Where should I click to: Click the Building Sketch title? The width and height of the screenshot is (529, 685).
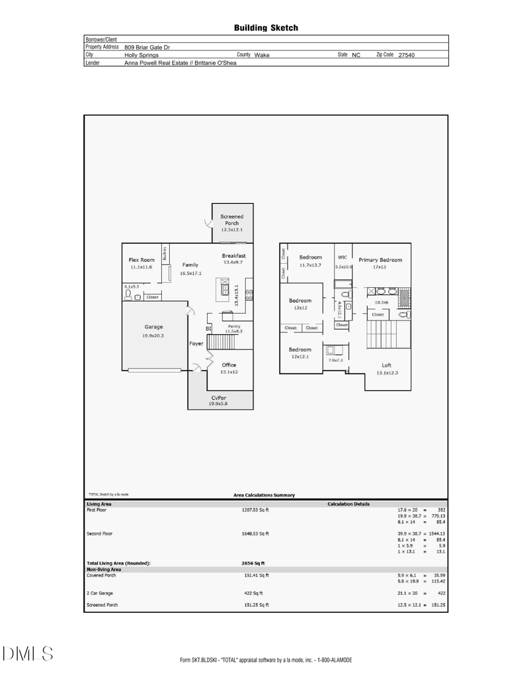[x=266, y=28]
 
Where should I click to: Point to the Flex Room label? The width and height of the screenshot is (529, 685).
[x=142, y=260]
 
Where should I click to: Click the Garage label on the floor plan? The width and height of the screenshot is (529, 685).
[x=153, y=327]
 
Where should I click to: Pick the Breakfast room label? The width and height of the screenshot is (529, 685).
[x=234, y=255]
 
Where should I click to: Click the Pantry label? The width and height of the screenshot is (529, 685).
[x=233, y=326]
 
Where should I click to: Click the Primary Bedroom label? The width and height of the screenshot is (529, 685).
[x=380, y=260]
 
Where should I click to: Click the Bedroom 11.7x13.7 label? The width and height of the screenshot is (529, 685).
[x=310, y=257]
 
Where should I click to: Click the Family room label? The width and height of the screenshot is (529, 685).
[x=190, y=265]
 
